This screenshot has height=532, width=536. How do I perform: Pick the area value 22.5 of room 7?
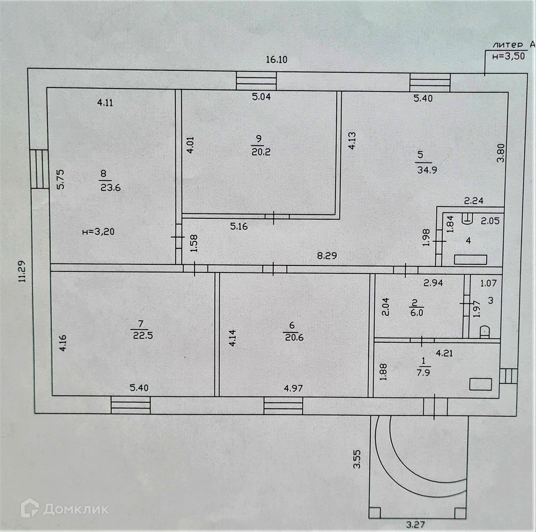(x=141, y=335)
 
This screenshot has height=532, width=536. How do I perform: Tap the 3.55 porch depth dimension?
(x=358, y=460)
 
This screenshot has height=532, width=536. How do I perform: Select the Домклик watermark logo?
(x=64, y=508)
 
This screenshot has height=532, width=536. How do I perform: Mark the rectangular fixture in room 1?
(x=480, y=384)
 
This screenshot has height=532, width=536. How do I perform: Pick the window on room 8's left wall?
(x=39, y=168)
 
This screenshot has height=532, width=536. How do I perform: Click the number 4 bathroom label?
(x=468, y=241)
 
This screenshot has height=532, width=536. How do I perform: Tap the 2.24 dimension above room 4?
(x=473, y=202)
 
